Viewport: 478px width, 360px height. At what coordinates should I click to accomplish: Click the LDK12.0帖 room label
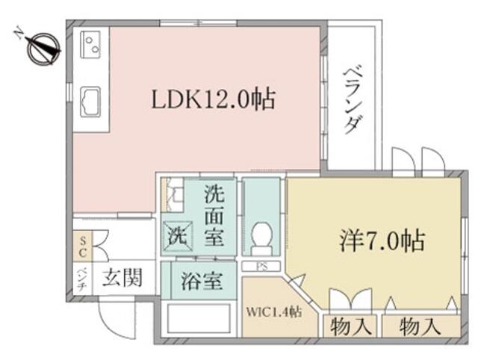[x=214, y=99]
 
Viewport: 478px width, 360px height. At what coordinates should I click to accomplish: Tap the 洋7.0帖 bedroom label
[x=382, y=241]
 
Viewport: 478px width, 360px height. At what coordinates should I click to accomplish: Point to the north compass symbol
[x=43, y=49]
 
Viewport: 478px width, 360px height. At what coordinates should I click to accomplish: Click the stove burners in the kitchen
[x=90, y=45]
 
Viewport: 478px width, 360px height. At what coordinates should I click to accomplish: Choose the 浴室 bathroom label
[x=202, y=281]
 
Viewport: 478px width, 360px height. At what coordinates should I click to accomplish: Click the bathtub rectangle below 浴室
[x=199, y=318]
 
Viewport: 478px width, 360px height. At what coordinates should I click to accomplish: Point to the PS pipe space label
[x=261, y=267]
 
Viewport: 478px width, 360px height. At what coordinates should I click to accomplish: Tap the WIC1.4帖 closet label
[x=274, y=311]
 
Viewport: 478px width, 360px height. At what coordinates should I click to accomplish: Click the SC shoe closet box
[x=82, y=246]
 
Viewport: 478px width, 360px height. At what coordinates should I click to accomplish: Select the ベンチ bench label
[x=82, y=279]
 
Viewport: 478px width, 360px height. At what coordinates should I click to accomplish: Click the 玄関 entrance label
[x=122, y=279]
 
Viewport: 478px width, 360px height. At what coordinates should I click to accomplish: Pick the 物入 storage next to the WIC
[x=351, y=326]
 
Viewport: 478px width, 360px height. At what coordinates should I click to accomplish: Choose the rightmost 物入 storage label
[x=420, y=326]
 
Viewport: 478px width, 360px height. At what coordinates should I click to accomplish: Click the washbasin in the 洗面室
[x=173, y=194]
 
